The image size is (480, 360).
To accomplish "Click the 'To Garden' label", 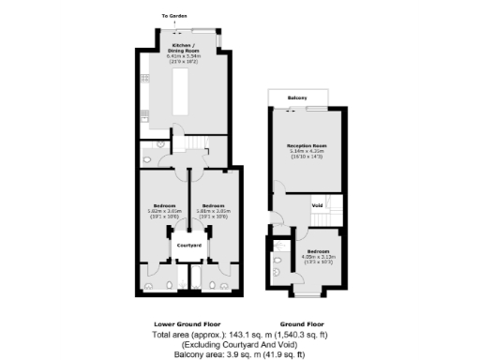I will pyautogui.click(x=174, y=16).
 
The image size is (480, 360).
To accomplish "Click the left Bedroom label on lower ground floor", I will pyautogui.click(x=164, y=205).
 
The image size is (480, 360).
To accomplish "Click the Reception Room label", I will pyautogui.click(x=307, y=147).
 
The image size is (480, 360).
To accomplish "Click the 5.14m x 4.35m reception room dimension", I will pyautogui.click(x=307, y=154).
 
